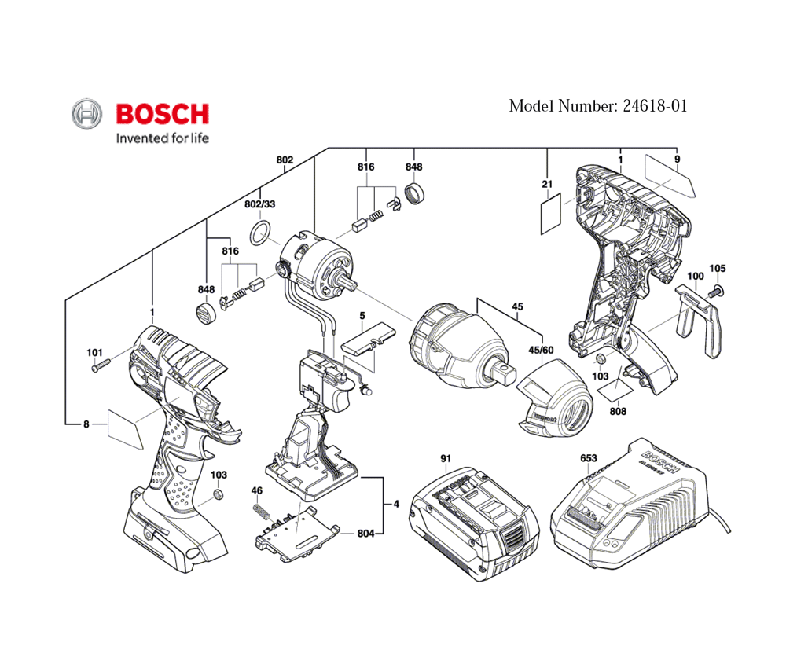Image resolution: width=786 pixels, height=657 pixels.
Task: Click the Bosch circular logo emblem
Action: click(x=86, y=115)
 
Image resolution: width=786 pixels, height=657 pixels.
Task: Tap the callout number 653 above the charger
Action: click(x=588, y=458)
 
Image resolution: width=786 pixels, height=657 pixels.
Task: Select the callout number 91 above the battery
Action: click(x=446, y=458)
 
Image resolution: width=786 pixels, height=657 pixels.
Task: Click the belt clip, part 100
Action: click(x=702, y=318)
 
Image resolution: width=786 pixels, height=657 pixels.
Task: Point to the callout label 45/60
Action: click(x=541, y=350)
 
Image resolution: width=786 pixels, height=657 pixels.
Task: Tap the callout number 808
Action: click(x=618, y=410)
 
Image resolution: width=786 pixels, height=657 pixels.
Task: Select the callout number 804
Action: click(x=365, y=534)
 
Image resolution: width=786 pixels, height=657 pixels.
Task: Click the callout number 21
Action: click(x=547, y=184)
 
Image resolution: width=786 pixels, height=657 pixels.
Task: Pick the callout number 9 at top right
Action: click(x=677, y=160)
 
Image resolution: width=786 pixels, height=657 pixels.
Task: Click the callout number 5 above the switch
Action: click(x=362, y=317)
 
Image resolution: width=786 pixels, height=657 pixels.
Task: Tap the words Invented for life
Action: click(x=163, y=138)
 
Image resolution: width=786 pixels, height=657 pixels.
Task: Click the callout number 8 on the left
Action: click(x=86, y=425)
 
